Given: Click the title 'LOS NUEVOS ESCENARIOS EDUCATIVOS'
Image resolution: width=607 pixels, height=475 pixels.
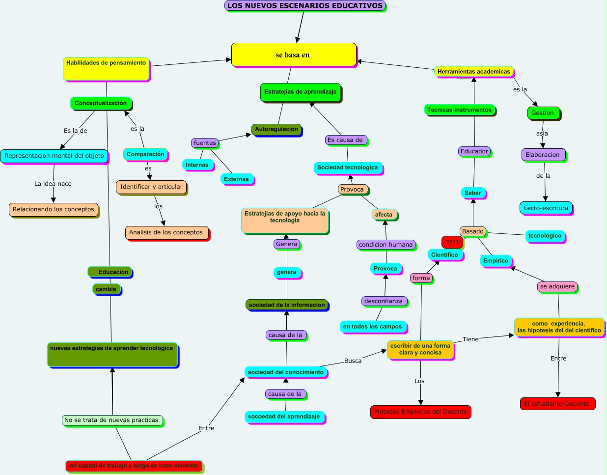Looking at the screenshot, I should click(x=305, y=6).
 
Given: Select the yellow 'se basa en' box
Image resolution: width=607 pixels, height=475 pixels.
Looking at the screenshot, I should click(x=294, y=55).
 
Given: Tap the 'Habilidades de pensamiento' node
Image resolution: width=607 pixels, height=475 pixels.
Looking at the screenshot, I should click(x=106, y=69).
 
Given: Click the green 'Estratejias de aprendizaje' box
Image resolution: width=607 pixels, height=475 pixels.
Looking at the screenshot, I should click(x=300, y=92).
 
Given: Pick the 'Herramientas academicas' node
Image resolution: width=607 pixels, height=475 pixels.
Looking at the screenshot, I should click(x=473, y=72).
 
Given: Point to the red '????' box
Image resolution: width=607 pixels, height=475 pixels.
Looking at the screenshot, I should click(x=452, y=242).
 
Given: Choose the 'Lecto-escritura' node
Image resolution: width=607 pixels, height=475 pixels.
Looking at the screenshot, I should click(x=546, y=208).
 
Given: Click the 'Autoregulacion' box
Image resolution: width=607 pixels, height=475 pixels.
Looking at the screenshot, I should click(x=276, y=130).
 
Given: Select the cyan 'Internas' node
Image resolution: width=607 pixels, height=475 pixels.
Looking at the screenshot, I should click(x=197, y=165).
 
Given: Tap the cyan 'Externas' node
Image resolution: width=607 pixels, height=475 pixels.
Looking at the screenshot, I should click(x=236, y=179).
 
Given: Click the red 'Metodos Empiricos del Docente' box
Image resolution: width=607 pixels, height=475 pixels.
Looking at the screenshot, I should click(x=421, y=412).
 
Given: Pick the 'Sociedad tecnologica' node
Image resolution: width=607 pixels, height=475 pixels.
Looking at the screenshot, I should click(x=347, y=168).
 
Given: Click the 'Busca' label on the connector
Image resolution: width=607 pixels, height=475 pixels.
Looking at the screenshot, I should click(x=353, y=361).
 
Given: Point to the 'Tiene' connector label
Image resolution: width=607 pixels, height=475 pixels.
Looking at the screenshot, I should click(x=470, y=339).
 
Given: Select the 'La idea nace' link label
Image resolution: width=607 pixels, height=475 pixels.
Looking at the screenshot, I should click(x=53, y=184).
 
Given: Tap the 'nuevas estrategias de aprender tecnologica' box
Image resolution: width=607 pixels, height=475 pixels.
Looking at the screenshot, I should click(x=112, y=355).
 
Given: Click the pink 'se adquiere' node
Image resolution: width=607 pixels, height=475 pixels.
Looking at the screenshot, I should click(x=557, y=286).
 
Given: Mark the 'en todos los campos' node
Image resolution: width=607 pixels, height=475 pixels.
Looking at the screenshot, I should click(x=372, y=327).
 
